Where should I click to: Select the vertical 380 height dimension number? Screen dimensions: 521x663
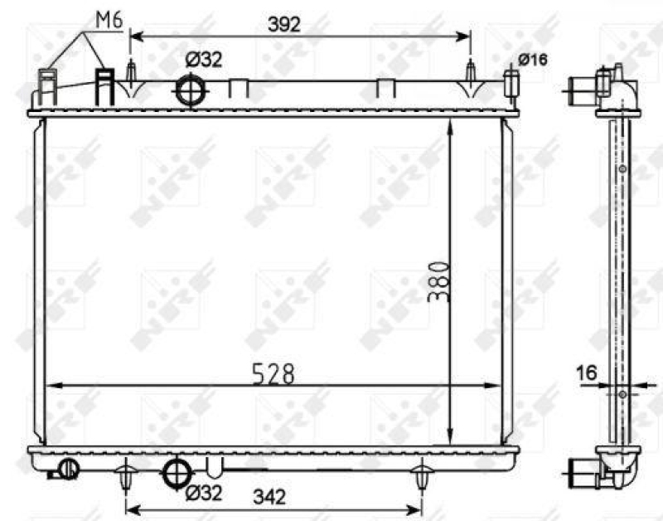(439, 281)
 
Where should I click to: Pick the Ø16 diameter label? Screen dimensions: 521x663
(533, 59)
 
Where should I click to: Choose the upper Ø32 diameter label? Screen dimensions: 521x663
(203, 59)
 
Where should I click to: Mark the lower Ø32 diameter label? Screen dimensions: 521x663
(204, 494)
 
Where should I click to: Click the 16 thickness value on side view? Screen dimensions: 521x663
(587, 373)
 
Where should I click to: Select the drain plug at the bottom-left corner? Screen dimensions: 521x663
(66, 470)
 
